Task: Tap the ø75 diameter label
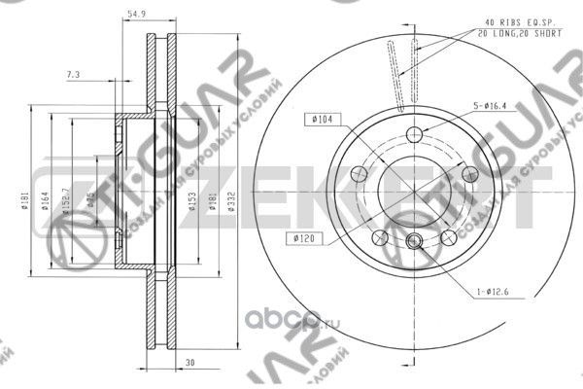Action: tap(90, 200)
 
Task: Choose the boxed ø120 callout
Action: tap(300, 236)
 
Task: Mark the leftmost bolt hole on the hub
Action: tap(359, 173)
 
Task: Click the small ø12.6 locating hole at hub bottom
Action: tap(414, 242)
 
